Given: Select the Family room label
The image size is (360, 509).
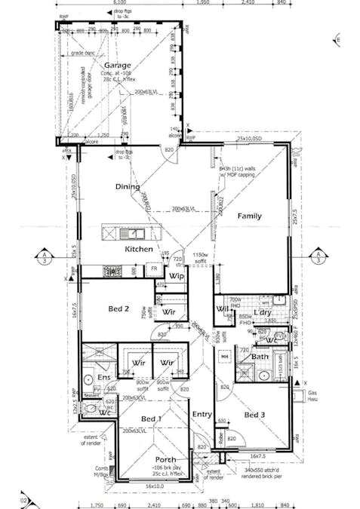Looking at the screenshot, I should coord(250,216).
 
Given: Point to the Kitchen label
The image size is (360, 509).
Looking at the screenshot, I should coord(139,249).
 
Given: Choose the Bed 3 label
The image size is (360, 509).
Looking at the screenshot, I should coord(254,415).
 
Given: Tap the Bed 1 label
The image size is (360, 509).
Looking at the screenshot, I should coord(151,419).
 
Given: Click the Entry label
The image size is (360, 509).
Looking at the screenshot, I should coord(202,414).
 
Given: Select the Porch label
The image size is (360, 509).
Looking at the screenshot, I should coord(165,459).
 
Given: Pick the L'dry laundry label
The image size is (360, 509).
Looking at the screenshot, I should coord(262,312).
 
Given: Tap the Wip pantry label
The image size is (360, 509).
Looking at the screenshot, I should coord(177,276).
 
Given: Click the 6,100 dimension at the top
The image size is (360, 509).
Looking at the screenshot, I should coord(120,3).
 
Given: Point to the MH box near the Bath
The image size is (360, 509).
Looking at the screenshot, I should coord(225,356).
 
